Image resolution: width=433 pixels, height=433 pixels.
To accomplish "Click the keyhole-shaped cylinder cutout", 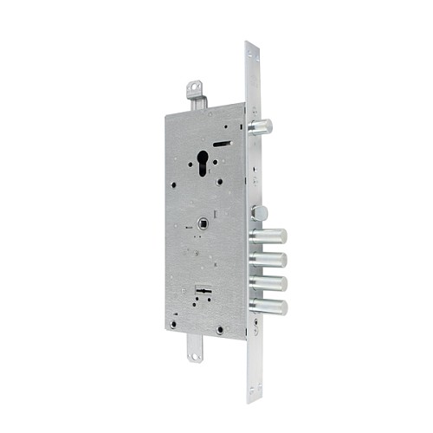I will coord(202,161).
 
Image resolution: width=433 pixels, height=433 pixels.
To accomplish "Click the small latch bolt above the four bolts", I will coord(258,212).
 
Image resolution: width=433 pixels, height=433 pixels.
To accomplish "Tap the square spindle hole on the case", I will coord(201,223).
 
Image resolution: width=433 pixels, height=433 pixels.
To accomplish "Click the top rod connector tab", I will coord(195,92).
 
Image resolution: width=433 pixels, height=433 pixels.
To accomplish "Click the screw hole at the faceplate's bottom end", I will coord(253,387).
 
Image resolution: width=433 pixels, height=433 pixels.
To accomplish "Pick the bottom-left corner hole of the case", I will coord(173,325).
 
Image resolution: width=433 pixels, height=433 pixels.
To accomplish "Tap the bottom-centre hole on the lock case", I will coord(219,330).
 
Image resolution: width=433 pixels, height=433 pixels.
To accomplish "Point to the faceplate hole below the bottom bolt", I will coord(256,326).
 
